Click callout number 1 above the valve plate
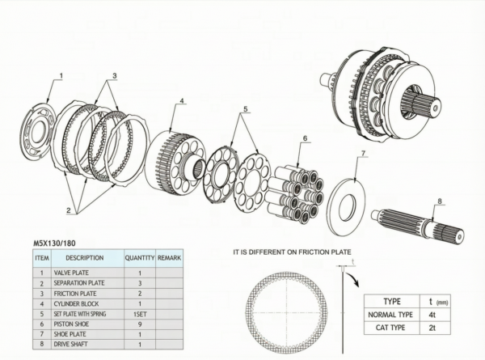point(61,75)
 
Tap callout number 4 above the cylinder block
point(182,100)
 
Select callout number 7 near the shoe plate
point(363,153)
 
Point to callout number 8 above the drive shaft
point(440,201)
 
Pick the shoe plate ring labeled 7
point(346,205)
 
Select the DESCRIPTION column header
point(84,258)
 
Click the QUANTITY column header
point(140,258)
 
